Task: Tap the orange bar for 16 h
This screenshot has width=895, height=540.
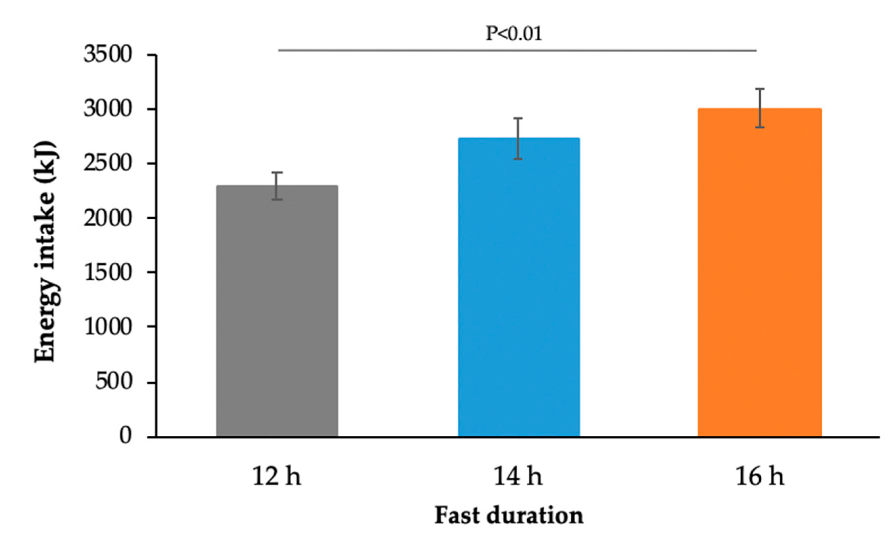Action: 759,273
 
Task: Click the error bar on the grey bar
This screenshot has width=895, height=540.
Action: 277,186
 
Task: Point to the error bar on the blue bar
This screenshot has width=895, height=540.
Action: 519,138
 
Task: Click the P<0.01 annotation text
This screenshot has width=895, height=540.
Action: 514,34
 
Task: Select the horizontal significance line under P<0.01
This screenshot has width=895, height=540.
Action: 517,50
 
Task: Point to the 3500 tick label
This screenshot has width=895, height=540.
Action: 108,55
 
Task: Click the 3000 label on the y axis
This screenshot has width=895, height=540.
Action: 108,109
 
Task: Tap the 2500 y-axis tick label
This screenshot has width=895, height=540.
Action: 108,164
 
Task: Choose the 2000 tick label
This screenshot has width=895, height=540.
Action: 108,218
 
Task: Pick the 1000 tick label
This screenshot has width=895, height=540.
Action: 108,327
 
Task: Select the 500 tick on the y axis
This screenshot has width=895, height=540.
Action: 113,382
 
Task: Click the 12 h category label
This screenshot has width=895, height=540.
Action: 277,477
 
